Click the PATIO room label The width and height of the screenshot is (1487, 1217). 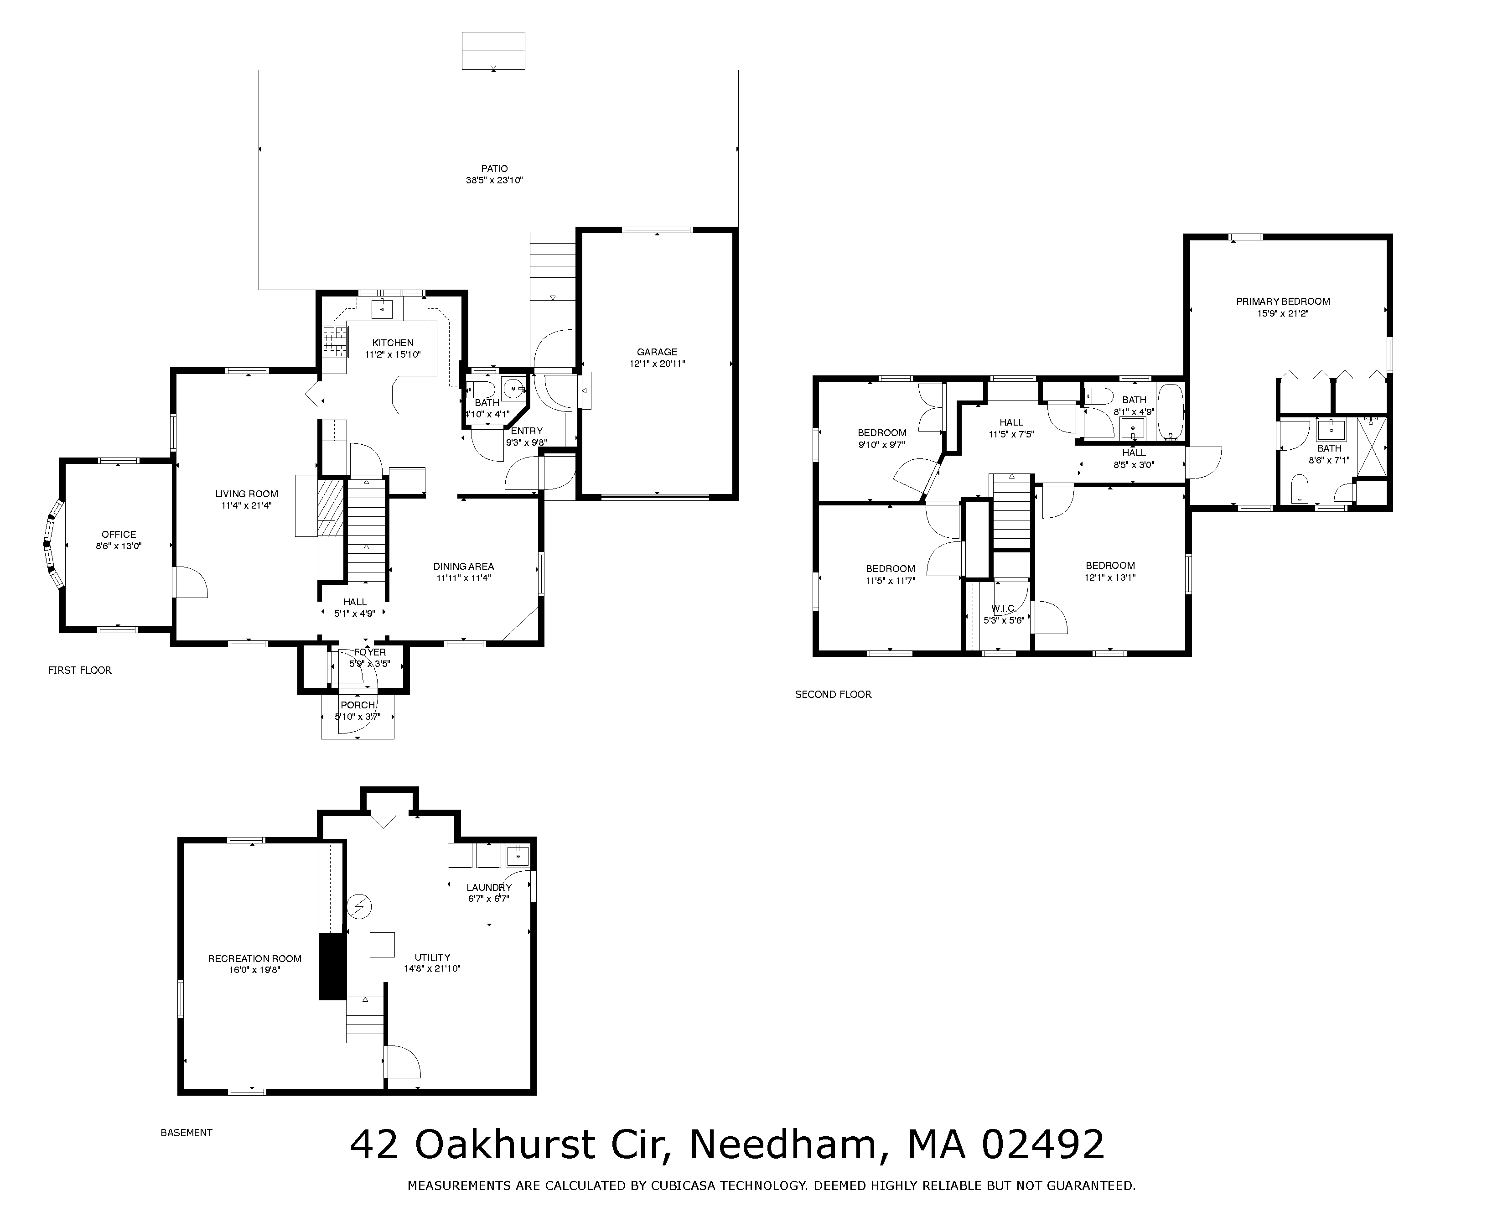point(494,168)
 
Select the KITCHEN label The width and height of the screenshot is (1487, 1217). point(393,343)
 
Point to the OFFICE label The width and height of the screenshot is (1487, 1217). point(119,534)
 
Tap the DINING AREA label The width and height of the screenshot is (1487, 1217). point(463,567)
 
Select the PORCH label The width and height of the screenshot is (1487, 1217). point(358,705)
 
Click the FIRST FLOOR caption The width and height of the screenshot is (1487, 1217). point(80,670)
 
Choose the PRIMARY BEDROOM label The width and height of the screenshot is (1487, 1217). point(1283,302)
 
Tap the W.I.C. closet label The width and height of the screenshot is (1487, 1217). point(1004,608)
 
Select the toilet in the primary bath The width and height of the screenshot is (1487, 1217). point(1300,489)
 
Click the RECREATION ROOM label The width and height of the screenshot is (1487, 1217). point(254,958)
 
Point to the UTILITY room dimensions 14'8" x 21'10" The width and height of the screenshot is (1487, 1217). point(432,969)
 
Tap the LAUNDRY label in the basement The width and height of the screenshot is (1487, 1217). point(489,888)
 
